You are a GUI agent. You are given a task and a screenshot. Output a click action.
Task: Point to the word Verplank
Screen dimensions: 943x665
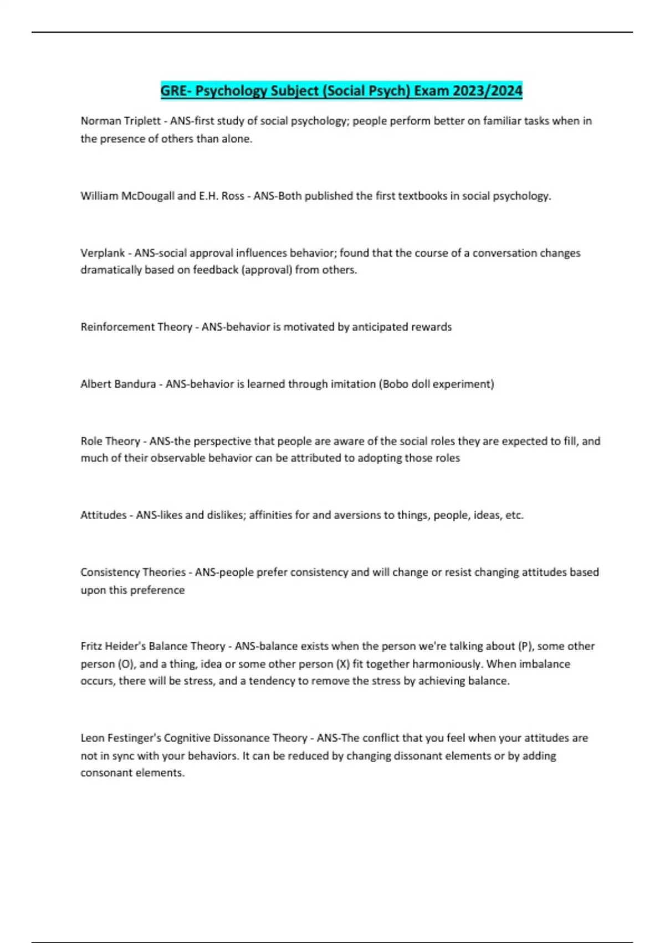(x=103, y=253)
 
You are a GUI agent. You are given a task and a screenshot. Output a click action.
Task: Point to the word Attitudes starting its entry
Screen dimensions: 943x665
(x=103, y=515)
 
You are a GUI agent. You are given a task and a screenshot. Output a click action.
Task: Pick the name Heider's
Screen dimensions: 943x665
(x=125, y=646)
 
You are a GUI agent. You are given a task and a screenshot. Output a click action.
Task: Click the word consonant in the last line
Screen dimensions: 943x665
(x=106, y=773)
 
